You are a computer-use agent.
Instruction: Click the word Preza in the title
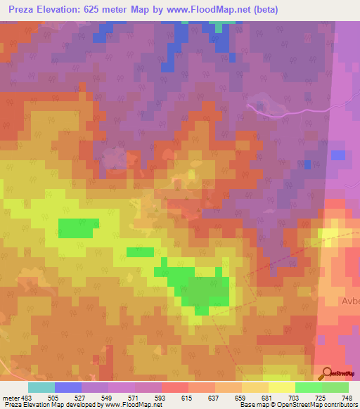(25, 10)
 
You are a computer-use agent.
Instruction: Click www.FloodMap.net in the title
(213, 10)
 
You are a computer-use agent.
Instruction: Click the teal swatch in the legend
(41, 387)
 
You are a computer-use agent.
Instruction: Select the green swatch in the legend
(309, 387)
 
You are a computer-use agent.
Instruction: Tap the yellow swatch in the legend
(282, 387)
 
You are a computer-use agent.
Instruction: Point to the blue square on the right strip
(338, 155)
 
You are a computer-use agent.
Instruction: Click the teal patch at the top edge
(224, 26)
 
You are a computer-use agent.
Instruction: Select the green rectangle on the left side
(78, 228)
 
